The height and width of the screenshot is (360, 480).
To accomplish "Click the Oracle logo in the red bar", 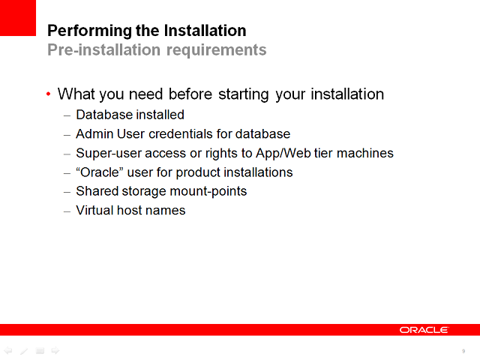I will coord(424,330).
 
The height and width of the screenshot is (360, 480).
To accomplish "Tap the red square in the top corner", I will coord(17,17).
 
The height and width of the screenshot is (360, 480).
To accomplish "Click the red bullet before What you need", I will coord(49,94).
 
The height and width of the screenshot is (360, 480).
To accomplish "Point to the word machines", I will coord(365,153).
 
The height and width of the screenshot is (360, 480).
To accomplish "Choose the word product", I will coord(199,172).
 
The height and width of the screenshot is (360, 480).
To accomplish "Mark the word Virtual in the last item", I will coord(94,211).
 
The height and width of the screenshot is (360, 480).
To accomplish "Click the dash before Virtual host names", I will coord(67,211).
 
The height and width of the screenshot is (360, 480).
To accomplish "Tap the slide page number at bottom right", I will coord(463,350).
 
